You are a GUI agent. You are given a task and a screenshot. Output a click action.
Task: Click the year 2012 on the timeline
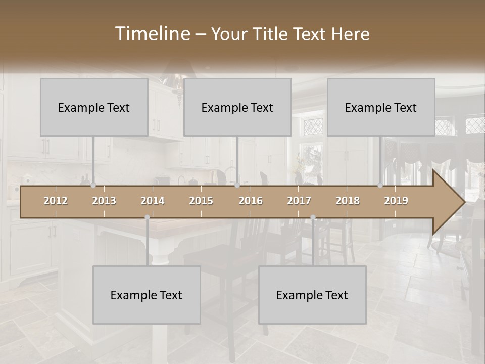point(56,201)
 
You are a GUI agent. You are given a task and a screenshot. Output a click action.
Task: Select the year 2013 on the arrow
point(104,201)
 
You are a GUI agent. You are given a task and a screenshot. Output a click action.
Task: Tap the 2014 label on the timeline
point(153,201)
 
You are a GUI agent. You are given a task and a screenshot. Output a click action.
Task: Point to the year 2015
point(201,201)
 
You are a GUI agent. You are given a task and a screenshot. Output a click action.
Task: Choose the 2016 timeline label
point(251,201)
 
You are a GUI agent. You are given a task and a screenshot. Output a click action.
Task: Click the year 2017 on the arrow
point(299,201)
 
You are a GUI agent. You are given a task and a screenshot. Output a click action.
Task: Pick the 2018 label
point(348,201)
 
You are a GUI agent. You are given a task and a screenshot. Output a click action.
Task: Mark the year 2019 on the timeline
point(396,201)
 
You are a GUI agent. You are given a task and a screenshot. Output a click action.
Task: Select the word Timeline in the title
point(152,34)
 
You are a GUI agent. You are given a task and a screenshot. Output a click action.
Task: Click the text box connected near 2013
point(94,107)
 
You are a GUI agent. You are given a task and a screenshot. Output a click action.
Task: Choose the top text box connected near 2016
point(237,107)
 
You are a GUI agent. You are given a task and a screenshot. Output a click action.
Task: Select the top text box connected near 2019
point(381,107)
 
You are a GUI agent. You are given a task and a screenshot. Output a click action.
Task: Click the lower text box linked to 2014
point(147,295)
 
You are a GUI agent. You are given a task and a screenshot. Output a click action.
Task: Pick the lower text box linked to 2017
point(312,295)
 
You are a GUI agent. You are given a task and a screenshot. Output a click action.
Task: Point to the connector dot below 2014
point(147,217)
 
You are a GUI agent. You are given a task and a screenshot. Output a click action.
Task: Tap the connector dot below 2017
point(313,217)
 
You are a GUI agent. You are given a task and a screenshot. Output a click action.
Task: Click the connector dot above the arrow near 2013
point(93,186)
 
